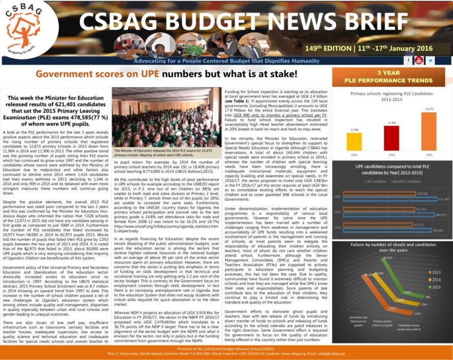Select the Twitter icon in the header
click(430, 60)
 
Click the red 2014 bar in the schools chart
click(391, 138)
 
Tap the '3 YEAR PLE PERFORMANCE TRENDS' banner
click(388, 76)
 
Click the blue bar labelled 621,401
click(383, 199)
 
